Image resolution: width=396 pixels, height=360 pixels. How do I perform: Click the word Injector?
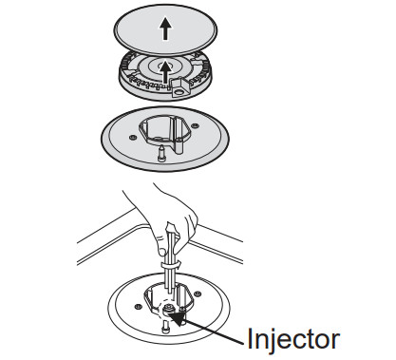(293, 340)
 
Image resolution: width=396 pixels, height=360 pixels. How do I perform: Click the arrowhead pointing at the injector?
(178, 317)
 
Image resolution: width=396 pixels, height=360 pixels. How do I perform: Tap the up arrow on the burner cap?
(165, 28)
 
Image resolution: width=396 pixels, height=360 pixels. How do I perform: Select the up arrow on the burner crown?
(164, 72)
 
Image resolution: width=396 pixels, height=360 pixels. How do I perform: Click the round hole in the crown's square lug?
(179, 92)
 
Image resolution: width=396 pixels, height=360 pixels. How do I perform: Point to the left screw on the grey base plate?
(132, 138)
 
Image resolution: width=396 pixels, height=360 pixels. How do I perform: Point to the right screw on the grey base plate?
(195, 125)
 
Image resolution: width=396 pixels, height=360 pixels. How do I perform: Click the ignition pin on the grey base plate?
(161, 153)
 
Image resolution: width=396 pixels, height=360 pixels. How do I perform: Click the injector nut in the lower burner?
(167, 308)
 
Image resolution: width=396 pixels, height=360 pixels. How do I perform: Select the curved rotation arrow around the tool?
(171, 265)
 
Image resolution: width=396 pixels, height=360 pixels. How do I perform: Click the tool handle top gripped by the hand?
(171, 229)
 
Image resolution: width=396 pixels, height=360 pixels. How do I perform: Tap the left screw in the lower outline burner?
(138, 307)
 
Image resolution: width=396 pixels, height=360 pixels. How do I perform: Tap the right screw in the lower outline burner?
(198, 294)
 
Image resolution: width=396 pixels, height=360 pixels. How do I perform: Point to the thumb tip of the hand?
(161, 252)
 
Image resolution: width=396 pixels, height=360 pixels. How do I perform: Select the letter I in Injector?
(250, 338)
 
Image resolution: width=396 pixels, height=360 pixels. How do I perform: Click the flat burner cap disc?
(166, 29)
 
